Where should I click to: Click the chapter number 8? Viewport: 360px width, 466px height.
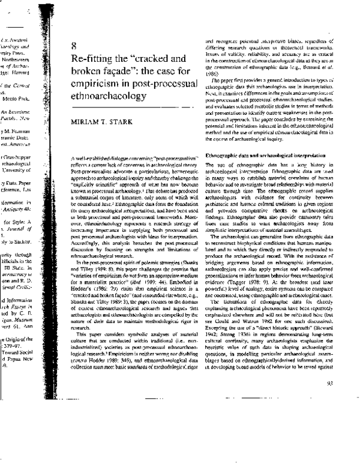(73, 45)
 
